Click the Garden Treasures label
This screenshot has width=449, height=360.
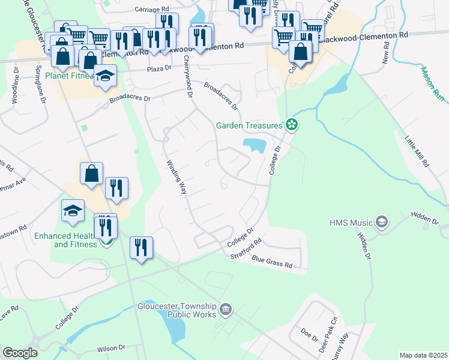click(x=249, y=125)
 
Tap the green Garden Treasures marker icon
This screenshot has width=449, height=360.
click(x=292, y=125)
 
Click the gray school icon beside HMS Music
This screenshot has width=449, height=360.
click(x=381, y=223)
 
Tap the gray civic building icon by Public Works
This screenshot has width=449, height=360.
click(x=226, y=310)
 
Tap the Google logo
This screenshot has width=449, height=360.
click(x=20, y=353)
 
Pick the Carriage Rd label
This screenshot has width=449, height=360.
click(x=152, y=10)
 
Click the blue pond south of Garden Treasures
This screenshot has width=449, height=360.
click(x=255, y=145)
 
